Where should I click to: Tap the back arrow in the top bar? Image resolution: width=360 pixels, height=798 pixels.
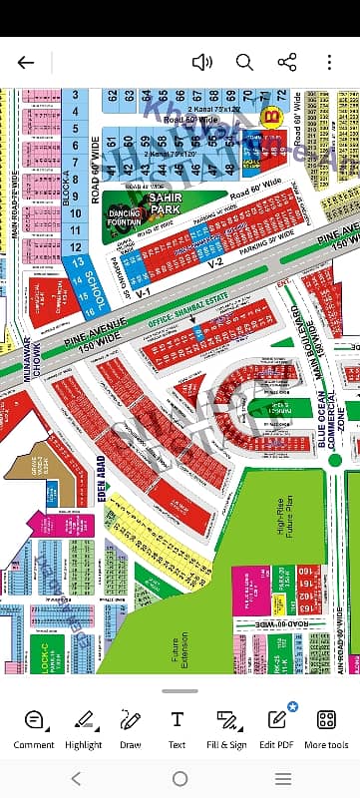(26, 62)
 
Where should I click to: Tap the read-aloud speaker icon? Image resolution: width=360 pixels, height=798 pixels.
(201, 62)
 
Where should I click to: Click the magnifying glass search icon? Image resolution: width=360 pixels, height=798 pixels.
(244, 62)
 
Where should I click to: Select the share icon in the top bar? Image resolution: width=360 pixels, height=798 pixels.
(287, 62)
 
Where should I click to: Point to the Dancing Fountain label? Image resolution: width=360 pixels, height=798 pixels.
(127, 217)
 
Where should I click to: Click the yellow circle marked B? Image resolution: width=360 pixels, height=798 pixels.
(268, 117)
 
